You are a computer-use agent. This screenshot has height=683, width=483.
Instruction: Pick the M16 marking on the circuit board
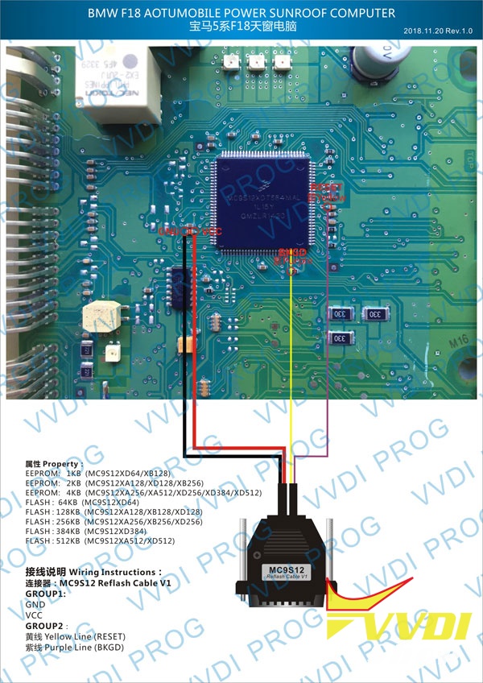coord(457,342)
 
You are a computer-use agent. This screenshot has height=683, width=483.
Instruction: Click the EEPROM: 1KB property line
coord(97,473)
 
